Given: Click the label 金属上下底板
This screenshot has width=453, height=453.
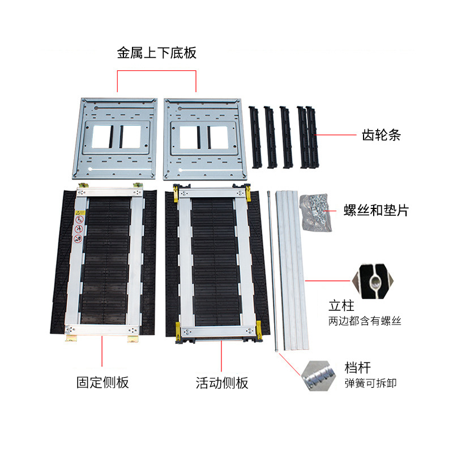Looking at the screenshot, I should tap(156, 54).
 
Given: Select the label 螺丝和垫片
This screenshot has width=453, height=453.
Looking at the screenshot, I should tap(376, 211).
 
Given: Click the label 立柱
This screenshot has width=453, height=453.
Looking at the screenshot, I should tap(341, 306).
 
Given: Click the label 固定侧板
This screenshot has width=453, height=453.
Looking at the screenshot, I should tap(102, 382).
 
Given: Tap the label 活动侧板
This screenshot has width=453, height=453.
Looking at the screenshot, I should tap(222, 383).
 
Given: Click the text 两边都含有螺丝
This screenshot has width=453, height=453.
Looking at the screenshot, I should tap(365, 321).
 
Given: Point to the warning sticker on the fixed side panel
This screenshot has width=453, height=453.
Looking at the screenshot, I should tap(79, 226).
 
